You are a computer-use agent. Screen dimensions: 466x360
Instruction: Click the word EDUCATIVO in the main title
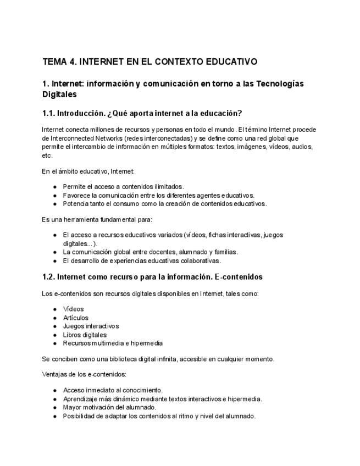(x=231, y=62)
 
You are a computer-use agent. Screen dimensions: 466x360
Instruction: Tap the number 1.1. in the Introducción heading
(x=48, y=113)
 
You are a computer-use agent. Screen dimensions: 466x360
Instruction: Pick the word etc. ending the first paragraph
(x=47, y=156)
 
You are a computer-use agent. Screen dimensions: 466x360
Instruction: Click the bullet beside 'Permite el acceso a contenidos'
(x=55, y=187)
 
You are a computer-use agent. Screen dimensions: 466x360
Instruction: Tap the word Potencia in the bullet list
(x=75, y=203)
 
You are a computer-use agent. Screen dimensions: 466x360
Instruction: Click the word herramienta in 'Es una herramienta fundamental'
(x=80, y=219)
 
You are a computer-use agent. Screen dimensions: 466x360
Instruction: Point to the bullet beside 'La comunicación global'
(x=55, y=252)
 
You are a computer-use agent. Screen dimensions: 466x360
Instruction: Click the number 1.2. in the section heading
(x=48, y=277)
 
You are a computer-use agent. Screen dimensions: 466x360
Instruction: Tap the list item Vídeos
(x=73, y=309)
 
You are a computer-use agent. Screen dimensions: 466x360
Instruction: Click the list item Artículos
(x=75, y=318)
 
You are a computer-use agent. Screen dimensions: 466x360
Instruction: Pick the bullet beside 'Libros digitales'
(x=55, y=335)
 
